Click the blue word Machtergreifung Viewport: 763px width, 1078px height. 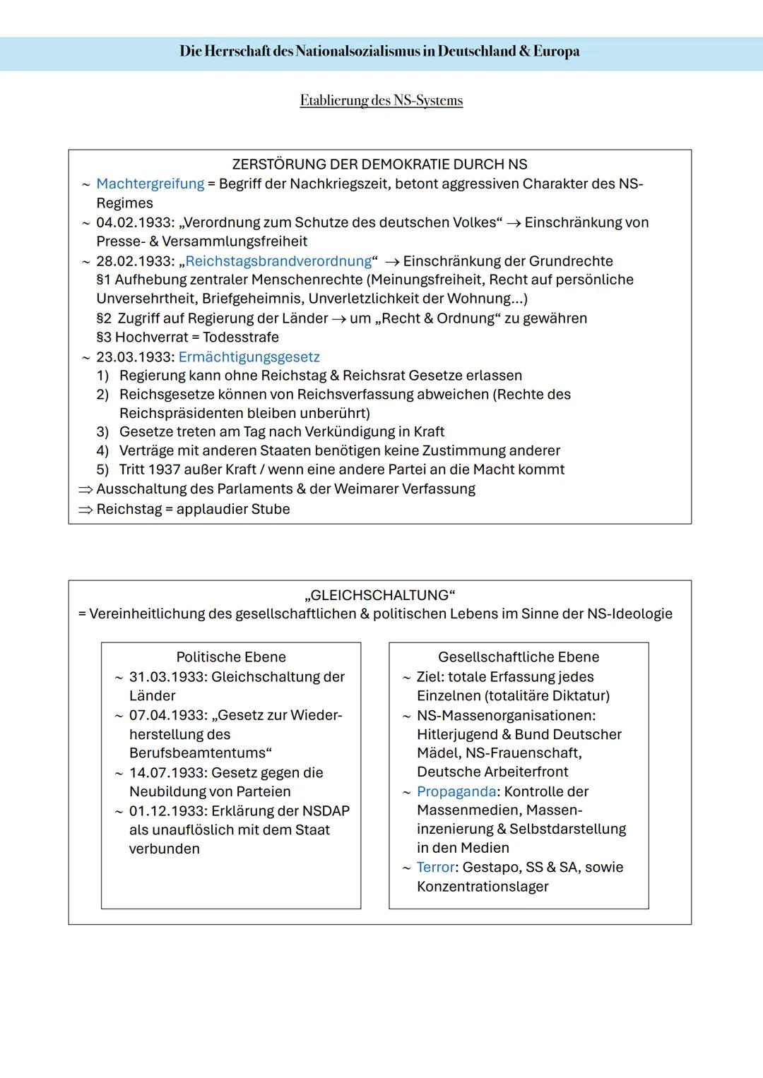[150, 184]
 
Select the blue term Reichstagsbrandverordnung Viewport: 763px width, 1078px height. [278, 261]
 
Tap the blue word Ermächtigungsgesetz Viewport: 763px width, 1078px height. [249, 357]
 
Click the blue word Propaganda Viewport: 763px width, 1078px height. [456, 791]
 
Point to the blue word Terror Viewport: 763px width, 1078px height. [435, 868]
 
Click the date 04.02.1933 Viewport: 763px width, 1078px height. [134, 223]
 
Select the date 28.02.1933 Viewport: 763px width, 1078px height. [134, 261]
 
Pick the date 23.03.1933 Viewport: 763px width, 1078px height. [134, 357]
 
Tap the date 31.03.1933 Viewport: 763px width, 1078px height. [167, 677]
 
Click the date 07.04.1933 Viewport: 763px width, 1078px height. [167, 715]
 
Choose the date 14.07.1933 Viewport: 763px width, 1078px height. [167, 773]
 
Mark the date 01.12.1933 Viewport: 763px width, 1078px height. [167, 811]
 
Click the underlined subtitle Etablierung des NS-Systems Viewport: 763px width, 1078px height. [381, 100]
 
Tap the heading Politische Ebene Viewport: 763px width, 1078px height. [231, 657]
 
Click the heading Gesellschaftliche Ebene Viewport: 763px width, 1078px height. [519, 657]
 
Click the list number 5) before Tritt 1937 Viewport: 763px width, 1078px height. [102, 470]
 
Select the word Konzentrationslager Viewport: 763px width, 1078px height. [483, 887]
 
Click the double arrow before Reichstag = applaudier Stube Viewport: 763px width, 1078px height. [85, 510]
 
